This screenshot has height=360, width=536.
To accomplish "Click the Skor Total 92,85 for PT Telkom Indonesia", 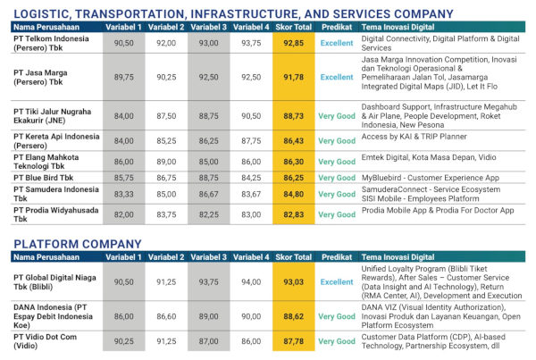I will coord(294,42).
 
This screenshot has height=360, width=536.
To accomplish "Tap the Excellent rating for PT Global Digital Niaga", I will coord(337,282).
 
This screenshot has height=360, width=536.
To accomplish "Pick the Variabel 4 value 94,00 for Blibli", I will coord(251,282).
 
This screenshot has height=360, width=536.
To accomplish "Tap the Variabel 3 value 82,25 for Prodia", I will coord(209,214).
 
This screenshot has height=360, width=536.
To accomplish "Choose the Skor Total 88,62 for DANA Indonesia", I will coord(294,316).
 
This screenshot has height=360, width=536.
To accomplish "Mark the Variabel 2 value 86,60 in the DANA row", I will coord(167,316).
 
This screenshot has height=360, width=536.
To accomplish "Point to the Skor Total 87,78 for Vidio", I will coord(294,340).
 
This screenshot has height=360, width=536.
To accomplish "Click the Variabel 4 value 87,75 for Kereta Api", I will coord(251,140).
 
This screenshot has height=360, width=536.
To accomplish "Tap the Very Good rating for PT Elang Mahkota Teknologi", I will coord(337,161).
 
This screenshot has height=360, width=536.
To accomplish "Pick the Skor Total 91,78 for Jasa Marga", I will coord(294,77).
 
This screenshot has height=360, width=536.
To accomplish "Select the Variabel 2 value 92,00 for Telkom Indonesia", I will coord(167,42).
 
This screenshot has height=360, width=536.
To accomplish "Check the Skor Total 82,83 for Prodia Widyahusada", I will coord(294,214).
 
